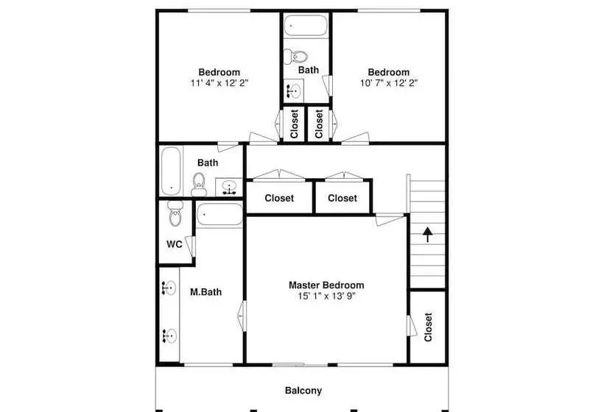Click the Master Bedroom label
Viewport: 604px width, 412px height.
(326, 285)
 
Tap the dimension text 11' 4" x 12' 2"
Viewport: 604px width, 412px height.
(220, 82)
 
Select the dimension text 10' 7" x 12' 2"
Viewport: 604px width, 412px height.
(389, 82)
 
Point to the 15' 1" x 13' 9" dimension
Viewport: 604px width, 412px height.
(326, 296)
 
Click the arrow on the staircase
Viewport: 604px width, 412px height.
(427, 235)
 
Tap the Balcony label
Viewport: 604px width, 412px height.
(303, 391)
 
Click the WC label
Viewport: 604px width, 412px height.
(174, 244)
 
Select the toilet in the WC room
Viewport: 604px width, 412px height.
(175, 213)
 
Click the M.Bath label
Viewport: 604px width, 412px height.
(206, 292)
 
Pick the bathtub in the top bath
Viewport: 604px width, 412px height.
(306, 26)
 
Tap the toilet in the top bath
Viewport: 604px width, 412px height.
(295, 57)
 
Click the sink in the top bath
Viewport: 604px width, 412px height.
(293, 90)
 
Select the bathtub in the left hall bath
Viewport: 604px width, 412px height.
(171, 171)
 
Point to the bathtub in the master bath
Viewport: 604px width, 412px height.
(220, 215)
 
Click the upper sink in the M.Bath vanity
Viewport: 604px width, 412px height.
(169, 288)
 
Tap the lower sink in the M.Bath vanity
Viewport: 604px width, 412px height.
(169, 335)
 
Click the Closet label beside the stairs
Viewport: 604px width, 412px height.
(428, 327)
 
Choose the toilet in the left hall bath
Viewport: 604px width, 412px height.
(199, 185)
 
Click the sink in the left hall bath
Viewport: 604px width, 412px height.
(229, 188)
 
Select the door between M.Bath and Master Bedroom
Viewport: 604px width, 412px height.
(242, 316)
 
